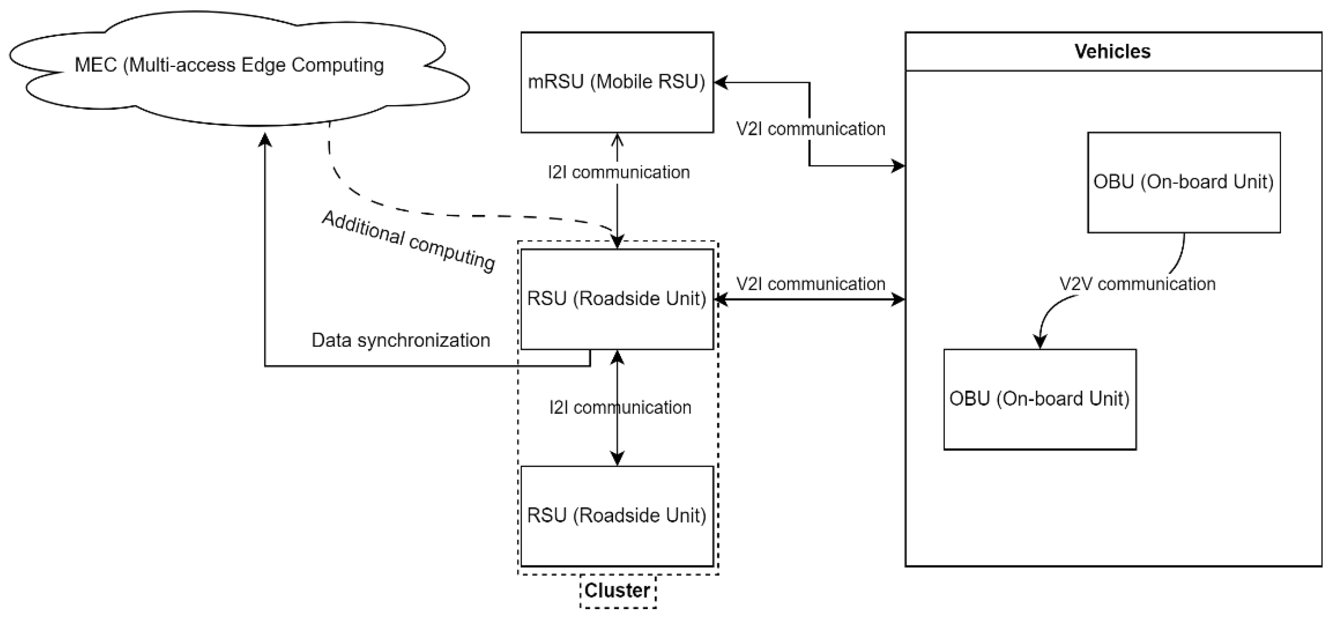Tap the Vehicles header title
[1112, 51]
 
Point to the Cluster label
[617, 590]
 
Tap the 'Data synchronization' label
[400, 340]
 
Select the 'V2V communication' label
[1137, 284]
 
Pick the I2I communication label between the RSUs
[620, 407]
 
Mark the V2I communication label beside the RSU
[811, 284]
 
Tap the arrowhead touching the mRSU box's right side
[721, 82]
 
